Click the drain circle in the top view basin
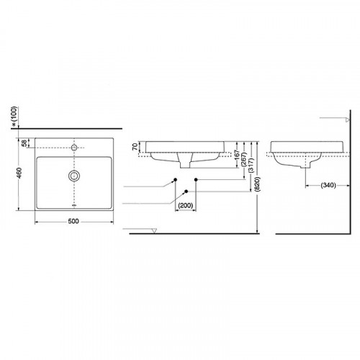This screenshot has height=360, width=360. click(x=73, y=175)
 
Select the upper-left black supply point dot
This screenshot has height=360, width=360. click(x=175, y=179)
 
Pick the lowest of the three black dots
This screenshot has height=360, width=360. click(x=186, y=191)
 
